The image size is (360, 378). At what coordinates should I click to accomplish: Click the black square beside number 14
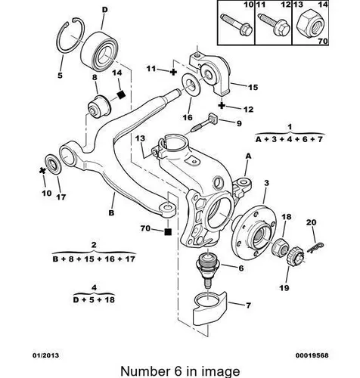122,94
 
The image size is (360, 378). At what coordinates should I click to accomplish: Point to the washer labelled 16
191,84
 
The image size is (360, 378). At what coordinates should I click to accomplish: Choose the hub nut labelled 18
281,246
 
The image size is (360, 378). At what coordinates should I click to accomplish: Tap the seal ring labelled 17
53,164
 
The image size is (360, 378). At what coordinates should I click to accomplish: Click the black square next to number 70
168,231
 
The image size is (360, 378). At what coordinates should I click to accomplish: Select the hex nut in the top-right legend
310,26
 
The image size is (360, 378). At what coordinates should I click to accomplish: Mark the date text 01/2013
45,355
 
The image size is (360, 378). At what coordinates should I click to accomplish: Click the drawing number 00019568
312,355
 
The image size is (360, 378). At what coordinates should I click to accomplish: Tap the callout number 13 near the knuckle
140,138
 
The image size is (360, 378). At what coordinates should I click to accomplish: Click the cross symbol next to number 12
222,105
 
